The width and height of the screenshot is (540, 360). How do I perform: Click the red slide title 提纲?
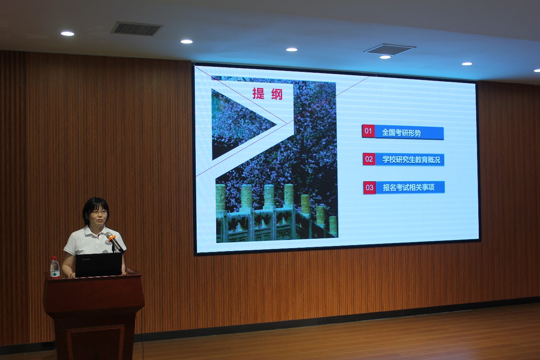point(267,94)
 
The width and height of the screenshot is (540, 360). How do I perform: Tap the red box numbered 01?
point(369,131)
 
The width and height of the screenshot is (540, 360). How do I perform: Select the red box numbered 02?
point(369,159)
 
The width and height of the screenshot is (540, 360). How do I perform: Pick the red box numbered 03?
point(369,187)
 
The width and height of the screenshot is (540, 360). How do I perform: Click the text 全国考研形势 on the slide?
point(401,133)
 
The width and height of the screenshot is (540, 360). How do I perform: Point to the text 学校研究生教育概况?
point(411,160)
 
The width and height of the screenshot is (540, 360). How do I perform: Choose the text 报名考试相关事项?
point(409,187)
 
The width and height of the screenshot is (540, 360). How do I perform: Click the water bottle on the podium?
point(55,268)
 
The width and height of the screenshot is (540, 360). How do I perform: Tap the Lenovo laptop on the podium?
point(99,265)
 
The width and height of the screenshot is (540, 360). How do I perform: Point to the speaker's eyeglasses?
point(99,212)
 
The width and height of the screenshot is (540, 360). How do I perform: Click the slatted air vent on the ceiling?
point(137,29)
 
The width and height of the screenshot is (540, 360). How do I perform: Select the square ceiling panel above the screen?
point(389,49)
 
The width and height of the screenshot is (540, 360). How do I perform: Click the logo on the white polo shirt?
point(109,242)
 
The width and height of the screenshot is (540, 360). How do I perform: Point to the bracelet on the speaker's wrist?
point(70,275)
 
